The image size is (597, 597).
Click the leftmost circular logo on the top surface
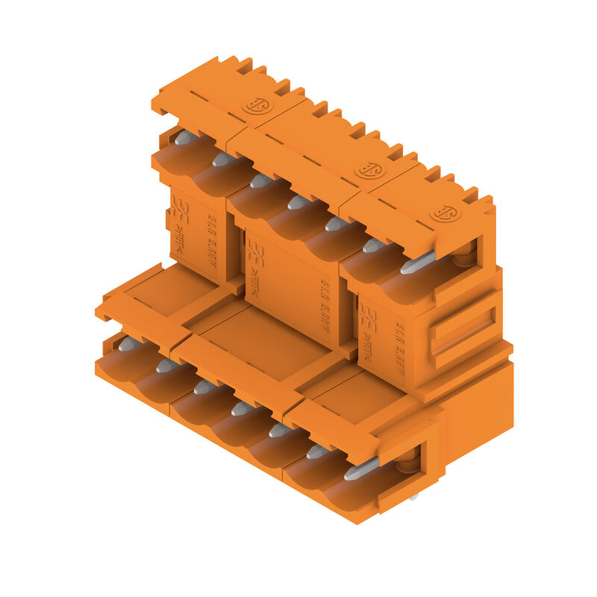(257, 105)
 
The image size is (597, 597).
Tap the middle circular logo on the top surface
(369, 169)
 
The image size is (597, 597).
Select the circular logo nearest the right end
(446, 213)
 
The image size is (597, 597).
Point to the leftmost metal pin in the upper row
(185, 137)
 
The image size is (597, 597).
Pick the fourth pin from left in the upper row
(298, 201)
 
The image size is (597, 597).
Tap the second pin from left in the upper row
(222, 159)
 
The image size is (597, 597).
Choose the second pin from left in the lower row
(166, 365)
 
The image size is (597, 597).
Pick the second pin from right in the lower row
(316, 451)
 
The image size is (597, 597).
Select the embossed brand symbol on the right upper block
(368, 319)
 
